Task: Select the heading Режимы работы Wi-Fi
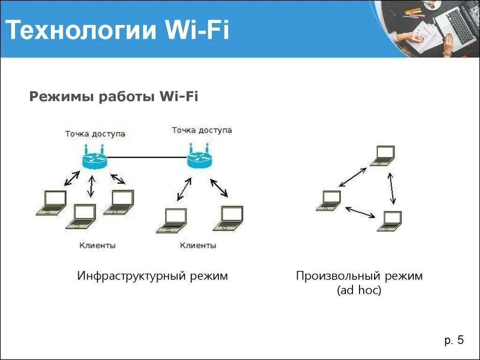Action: (114, 97)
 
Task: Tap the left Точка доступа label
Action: (95, 134)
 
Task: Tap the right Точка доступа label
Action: (202, 130)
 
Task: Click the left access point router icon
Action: (95, 160)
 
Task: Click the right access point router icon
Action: (200, 158)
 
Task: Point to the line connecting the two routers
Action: (147, 157)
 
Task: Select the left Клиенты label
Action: (97, 245)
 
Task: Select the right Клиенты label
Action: (198, 245)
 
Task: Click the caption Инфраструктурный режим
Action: (152, 276)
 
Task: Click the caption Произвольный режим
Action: (359, 276)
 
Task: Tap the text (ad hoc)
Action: (359, 291)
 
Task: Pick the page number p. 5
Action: (454, 340)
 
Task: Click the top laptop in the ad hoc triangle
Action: (382, 156)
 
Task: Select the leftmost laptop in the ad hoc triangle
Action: (329, 200)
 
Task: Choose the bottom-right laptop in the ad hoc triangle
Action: (390, 221)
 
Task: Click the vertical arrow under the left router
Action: (91, 186)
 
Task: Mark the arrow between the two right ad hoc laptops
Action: (392, 188)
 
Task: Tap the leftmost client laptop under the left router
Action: (52, 202)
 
